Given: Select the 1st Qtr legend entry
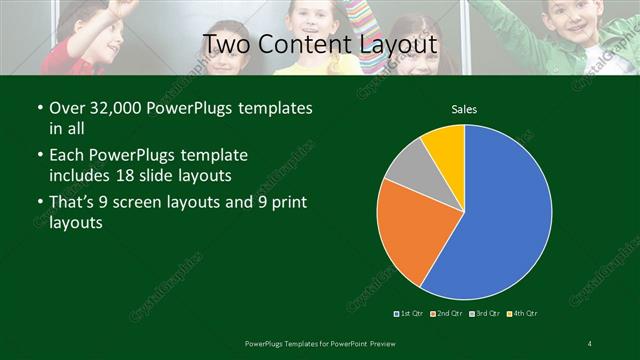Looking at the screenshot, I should pos(409,315).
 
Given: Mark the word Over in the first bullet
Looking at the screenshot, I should pos(65,106).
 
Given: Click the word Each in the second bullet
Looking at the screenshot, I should pos(66,155).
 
